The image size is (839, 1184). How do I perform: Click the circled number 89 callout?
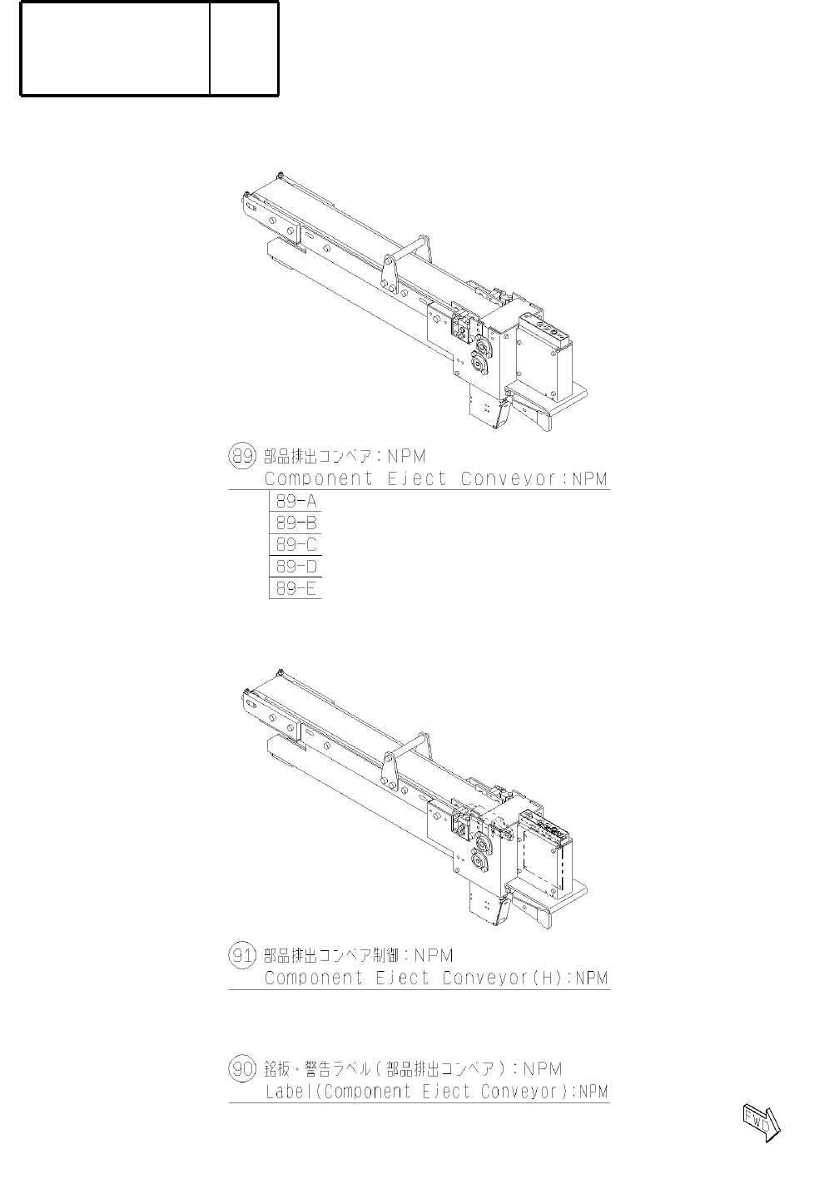click(x=241, y=456)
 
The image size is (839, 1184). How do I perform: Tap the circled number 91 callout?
click(x=241, y=955)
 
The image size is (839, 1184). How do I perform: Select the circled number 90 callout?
click(x=241, y=1068)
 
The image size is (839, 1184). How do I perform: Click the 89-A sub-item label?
click(x=296, y=501)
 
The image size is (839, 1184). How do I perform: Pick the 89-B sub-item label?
click(x=296, y=523)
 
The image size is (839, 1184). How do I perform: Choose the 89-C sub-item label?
click(x=296, y=545)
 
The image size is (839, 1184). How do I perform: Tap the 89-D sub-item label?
click(x=296, y=567)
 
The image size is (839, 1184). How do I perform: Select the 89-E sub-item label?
click(x=296, y=588)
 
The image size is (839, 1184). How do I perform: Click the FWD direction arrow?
click(x=761, y=1123)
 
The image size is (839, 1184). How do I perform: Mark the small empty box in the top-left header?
click(x=244, y=48)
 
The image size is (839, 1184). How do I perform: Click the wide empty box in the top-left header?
click(x=115, y=48)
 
